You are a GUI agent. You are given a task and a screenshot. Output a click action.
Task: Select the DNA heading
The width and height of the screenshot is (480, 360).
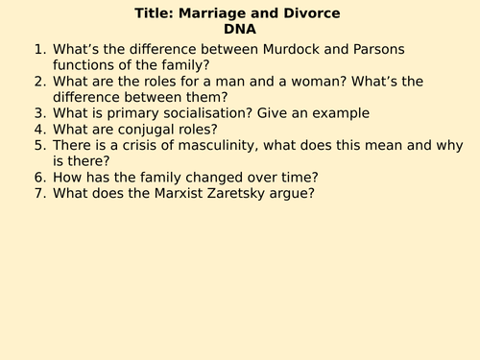tap(241, 29)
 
